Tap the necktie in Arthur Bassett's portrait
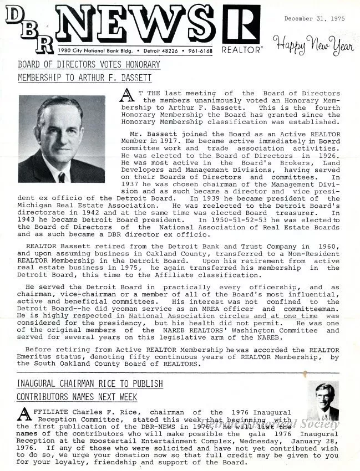61,177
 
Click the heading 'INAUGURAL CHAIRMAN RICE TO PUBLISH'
90,383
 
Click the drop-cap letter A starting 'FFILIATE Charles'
24,414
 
